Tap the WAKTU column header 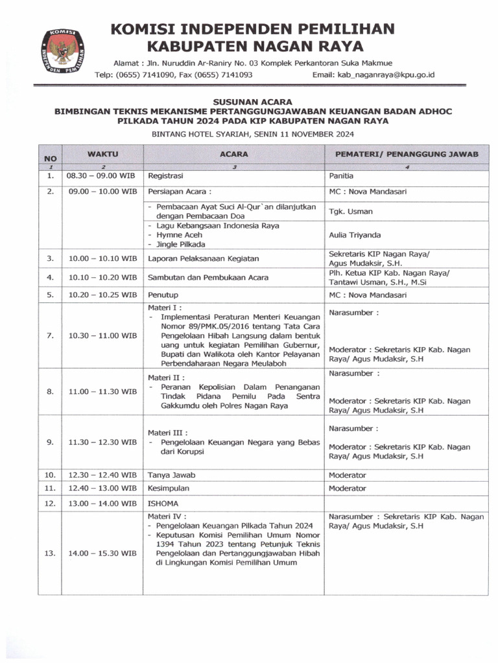pyautogui.click(x=102, y=154)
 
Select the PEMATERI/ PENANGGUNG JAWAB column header pyautogui.click(x=407, y=154)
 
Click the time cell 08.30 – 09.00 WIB pyautogui.click(x=100, y=175)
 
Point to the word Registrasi pyautogui.click(x=166, y=175)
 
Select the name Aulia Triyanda pyautogui.click(x=355, y=235)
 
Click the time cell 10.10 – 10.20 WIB pyautogui.click(x=102, y=277)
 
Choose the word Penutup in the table pyautogui.click(x=163, y=295)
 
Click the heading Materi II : pyautogui.click(x=167, y=377)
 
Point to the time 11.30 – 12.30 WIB pyautogui.click(x=102, y=442)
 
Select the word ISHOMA pyautogui.click(x=163, y=503)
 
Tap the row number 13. pyautogui.click(x=50, y=554)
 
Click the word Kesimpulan pyautogui.click(x=169, y=488)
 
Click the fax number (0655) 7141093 pyautogui.click(x=222, y=74)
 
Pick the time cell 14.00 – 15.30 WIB pyautogui.click(x=102, y=554)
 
